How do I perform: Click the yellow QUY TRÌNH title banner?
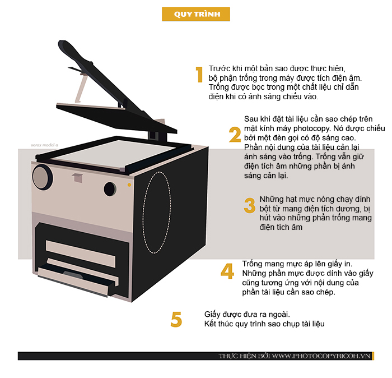pos(196,14)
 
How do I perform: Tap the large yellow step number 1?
pos(199,75)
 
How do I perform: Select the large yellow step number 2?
pos(235,135)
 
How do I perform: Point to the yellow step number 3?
pos(250,205)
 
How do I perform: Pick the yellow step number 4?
pos(227,271)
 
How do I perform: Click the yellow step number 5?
pos(176,319)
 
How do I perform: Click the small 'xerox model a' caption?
pos(44,145)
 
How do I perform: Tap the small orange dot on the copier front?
pos(129,185)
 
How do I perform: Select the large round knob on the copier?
pos(42,177)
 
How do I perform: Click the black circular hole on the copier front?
pos(110,189)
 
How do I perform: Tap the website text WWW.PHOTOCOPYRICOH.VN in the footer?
pos(321,356)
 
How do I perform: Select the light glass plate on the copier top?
pos(114,154)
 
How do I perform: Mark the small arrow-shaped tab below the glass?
pos(77,177)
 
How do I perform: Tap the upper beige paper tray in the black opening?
pos(81,253)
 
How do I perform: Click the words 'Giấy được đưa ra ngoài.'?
pos(247,314)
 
